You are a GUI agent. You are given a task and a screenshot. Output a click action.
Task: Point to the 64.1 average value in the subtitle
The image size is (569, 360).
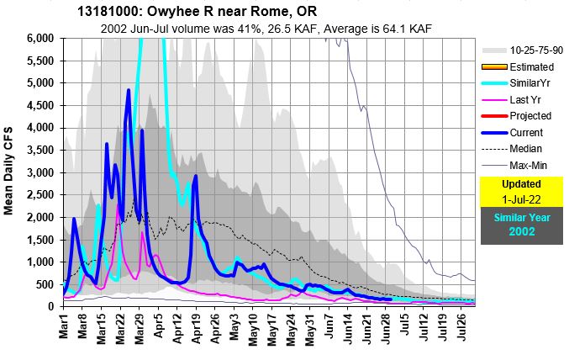pyautogui.click(x=374, y=28)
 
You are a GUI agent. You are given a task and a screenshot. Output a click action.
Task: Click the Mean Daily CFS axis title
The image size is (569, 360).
pyautogui.click(x=13, y=172)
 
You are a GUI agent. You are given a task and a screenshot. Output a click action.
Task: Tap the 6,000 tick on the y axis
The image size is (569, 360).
pyautogui.click(x=41, y=39)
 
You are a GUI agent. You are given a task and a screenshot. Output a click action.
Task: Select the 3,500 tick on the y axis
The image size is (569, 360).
pyautogui.click(x=41, y=151)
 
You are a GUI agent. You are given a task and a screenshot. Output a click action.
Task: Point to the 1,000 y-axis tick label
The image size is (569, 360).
pyautogui.click(x=41, y=262)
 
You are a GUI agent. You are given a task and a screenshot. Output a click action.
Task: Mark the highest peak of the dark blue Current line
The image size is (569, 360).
pyautogui.click(x=129, y=89)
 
